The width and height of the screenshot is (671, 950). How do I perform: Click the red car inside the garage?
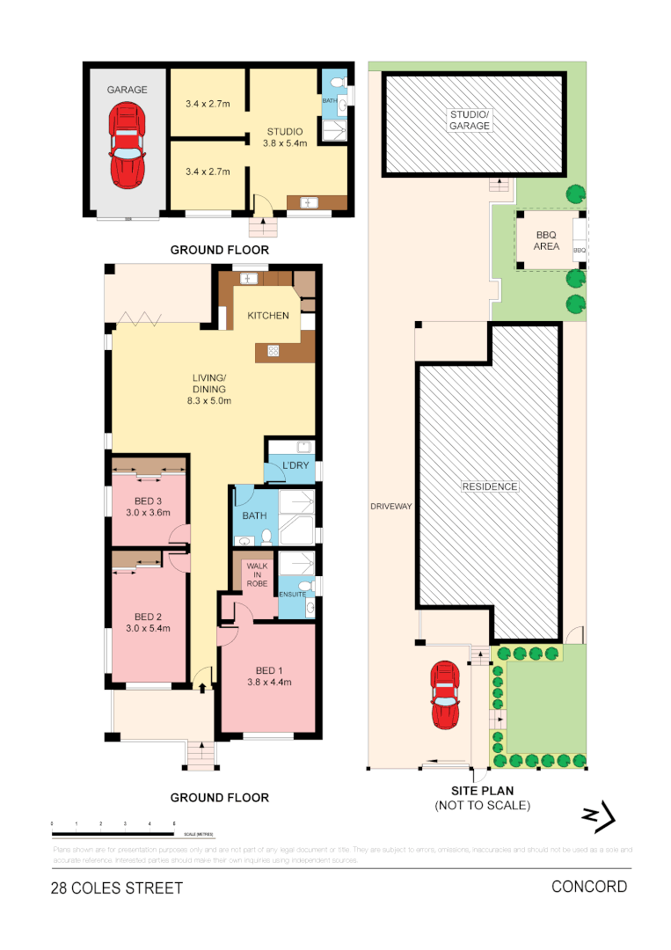coord(128,144)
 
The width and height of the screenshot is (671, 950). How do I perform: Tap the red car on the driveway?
coord(445,696)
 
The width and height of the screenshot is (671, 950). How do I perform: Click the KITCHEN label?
coord(267,316)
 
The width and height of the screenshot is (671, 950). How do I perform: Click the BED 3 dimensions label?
coord(147,512)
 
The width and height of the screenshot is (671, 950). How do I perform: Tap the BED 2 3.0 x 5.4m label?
coord(147,622)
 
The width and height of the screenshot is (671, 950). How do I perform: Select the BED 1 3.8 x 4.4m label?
coord(267,676)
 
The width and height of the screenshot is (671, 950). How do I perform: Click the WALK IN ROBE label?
coord(257,578)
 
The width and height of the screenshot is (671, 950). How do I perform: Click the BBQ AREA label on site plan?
coord(546,241)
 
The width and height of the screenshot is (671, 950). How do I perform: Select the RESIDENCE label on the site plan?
coord(490,486)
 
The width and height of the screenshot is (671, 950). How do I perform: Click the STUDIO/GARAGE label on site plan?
coord(470,121)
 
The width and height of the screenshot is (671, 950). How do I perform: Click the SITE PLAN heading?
coord(482,792)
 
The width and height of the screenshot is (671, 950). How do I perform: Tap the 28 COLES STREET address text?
coord(117,888)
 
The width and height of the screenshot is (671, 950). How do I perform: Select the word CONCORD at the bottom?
coord(588,886)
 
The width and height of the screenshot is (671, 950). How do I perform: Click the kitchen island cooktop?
coord(274,351)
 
